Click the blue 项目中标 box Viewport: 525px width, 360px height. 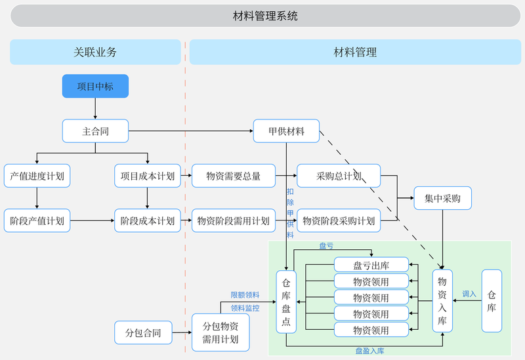(x=95, y=86)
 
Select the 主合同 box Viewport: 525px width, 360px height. (x=95, y=130)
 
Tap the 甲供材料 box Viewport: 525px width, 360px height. (x=286, y=130)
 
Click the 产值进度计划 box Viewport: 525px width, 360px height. (x=37, y=176)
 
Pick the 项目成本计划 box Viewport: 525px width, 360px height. (x=148, y=176)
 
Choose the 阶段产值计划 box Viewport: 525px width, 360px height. (x=37, y=220)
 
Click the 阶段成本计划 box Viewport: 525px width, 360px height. (x=148, y=220)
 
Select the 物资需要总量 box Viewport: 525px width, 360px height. (x=234, y=176)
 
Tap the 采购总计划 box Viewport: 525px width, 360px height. (x=339, y=176)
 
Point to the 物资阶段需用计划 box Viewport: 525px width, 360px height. (x=234, y=220)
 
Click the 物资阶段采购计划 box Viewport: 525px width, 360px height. (x=339, y=220)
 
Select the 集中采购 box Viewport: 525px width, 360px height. (x=442, y=198)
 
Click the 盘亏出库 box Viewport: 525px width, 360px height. (x=371, y=265)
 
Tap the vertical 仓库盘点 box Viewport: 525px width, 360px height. (x=286, y=302)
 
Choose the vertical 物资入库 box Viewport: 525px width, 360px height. (x=442, y=301)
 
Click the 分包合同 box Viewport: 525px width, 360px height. (x=143, y=332)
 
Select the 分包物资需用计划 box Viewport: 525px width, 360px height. (x=220, y=332)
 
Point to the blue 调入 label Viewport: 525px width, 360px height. (x=469, y=294)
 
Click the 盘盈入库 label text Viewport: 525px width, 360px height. (x=369, y=351)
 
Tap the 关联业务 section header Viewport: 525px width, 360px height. (x=95, y=52)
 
